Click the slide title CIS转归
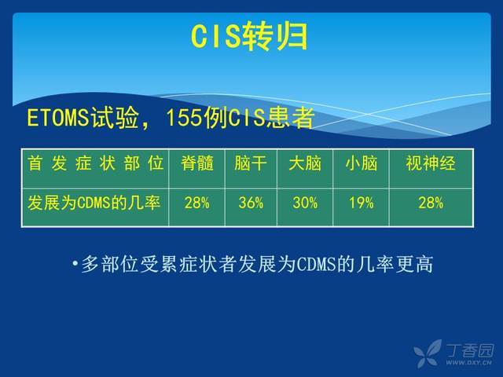pyautogui.click(x=249, y=37)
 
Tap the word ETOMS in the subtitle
pyautogui.click(x=57, y=117)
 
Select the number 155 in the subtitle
pyautogui.click(x=184, y=117)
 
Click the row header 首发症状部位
pyautogui.click(x=96, y=163)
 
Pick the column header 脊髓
pyautogui.click(x=197, y=163)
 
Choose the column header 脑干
pyautogui.click(x=251, y=163)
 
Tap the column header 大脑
pyautogui.click(x=305, y=163)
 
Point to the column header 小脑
pyautogui.click(x=362, y=163)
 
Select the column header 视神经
pyautogui.click(x=431, y=163)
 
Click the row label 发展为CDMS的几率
pyautogui.click(x=94, y=203)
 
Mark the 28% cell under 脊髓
pyautogui.click(x=197, y=203)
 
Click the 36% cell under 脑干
pyautogui.click(x=251, y=203)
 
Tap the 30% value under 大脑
pyautogui.click(x=305, y=203)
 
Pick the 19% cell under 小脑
pyautogui.click(x=362, y=203)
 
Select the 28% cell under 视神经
pyautogui.click(x=431, y=203)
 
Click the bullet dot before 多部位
pyautogui.click(x=75, y=264)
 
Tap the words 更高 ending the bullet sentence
pyautogui.click(x=414, y=264)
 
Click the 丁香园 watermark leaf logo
pyautogui.click(x=428, y=353)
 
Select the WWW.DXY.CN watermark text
pyautogui.click(x=468, y=363)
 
